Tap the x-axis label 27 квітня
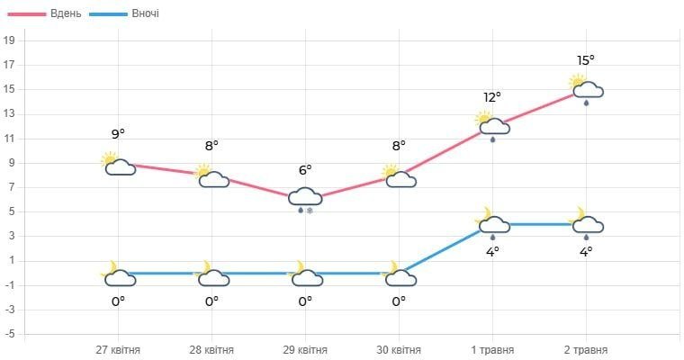(x=118, y=349)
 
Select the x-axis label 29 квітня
(x=305, y=349)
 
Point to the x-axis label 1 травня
(x=492, y=349)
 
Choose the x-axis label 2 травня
(x=586, y=349)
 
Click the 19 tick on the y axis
(x=10, y=40)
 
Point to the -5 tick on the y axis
(x=10, y=335)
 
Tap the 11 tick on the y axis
(x=10, y=139)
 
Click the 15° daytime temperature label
(x=586, y=60)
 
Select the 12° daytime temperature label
(x=492, y=97)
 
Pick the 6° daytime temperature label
(x=305, y=169)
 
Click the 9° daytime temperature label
(x=118, y=134)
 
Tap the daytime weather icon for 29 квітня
(x=305, y=199)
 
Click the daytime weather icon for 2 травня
(x=586, y=89)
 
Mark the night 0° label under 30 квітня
(x=399, y=301)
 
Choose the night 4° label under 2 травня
(x=586, y=252)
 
